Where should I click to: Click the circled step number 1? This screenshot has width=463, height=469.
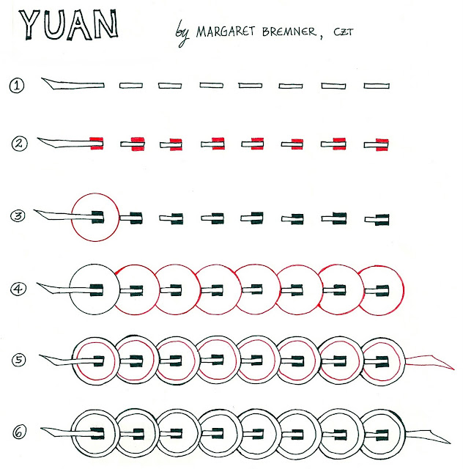[x=18, y=86]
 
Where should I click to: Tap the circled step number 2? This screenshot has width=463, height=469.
[x=18, y=143]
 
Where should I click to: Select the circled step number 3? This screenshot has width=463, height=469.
[x=18, y=215]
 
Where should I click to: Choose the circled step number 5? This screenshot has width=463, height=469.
[x=18, y=360]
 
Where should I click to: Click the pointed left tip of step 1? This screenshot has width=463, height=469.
[x=46, y=81]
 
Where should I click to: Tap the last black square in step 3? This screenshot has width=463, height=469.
[x=381, y=218]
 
